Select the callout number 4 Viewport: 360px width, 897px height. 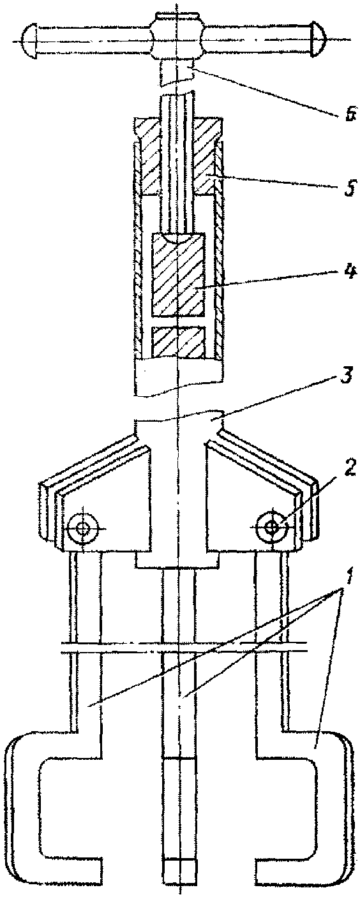click(349, 274)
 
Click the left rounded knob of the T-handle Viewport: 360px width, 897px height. click(29, 40)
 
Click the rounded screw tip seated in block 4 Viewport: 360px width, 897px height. click(178, 236)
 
